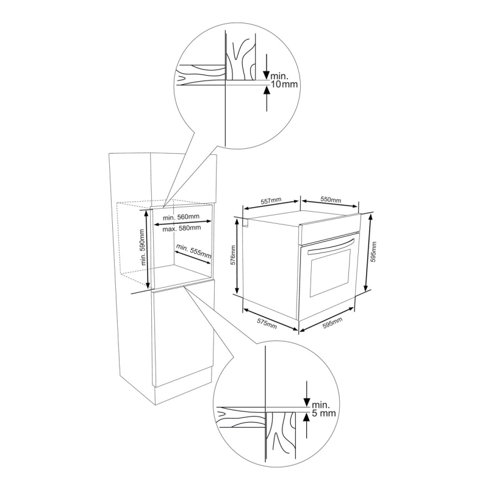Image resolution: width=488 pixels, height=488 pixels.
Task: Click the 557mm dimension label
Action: click(x=271, y=200)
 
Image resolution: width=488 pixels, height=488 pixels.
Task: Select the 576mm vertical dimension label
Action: click(x=233, y=256)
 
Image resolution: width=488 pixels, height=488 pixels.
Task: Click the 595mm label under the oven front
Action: click(x=332, y=323)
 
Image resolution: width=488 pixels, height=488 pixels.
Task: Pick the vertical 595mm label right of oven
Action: click(x=374, y=252)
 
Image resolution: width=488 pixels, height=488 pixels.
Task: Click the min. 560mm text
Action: click(x=181, y=217)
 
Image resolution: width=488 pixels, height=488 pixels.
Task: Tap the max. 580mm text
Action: click(x=182, y=228)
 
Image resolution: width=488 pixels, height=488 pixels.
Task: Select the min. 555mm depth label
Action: click(x=193, y=251)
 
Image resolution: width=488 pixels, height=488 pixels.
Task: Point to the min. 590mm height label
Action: click(x=143, y=247)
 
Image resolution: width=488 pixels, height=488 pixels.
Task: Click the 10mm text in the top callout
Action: click(x=284, y=84)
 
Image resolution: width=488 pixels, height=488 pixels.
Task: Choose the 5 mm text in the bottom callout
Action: click(x=324, y=413)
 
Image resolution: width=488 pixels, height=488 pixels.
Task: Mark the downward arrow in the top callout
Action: click(x=267, y=66)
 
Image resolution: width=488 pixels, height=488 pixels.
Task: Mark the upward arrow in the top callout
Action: click(x=267, y=99)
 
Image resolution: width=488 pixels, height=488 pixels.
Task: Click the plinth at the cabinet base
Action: click(x=184, y=386)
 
